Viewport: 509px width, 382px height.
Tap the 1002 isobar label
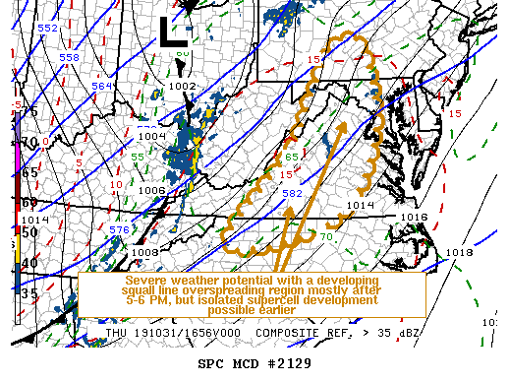click(182, 87)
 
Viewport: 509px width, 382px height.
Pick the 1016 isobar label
click(414, 217)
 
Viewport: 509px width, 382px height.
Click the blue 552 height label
click(47, 28)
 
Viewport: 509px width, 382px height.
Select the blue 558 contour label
click(69, 57)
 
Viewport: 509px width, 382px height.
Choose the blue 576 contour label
click(118, 229)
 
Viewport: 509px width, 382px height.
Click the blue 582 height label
click(292, 194)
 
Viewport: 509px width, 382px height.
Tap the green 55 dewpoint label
click(138, 157)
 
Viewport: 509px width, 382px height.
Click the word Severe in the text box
click(144, 280)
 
